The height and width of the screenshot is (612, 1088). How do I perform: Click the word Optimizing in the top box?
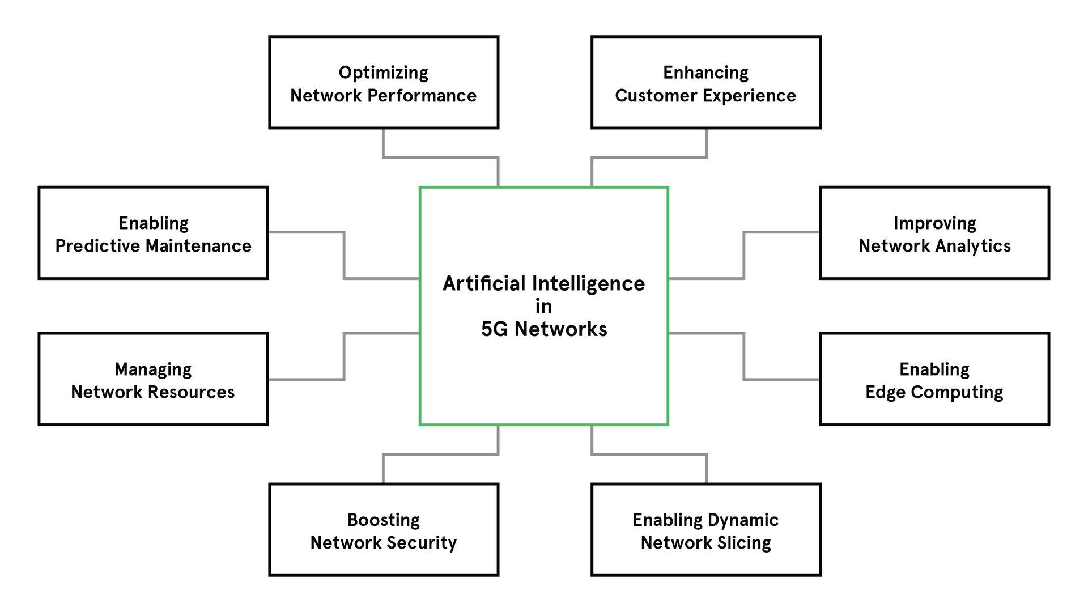[x=383, y=73]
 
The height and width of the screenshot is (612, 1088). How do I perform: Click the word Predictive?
[x=98, y=246]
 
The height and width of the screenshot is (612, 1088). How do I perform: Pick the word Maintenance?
[x=198, y=246]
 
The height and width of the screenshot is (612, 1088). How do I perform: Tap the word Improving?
[x=934, y=223]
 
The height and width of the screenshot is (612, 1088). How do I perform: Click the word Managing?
[x=153, y=369]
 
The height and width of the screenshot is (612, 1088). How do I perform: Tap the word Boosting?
[x=383, y=520]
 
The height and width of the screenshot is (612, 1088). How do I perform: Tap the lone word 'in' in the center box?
[x=543, y=307]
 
